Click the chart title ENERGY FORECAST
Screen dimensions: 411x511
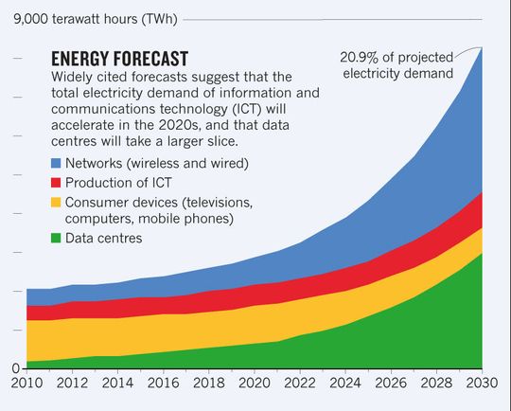tap(119, 59)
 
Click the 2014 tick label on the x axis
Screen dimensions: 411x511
tap(116, 385)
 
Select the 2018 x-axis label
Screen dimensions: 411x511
tap(207, 385)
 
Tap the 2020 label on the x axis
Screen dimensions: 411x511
tap(254, 385)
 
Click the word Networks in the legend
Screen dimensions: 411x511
tap(101, 164)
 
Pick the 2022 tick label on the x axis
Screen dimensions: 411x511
tap(299, 385)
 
